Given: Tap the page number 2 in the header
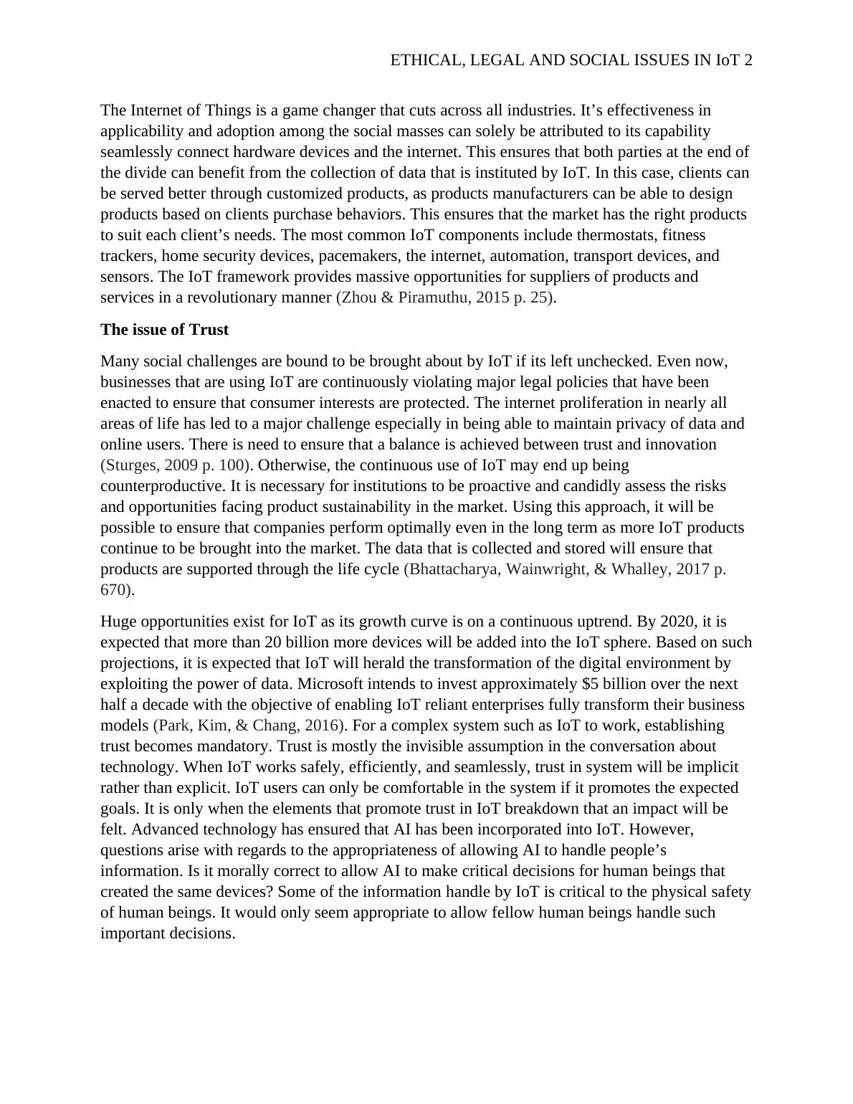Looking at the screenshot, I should pyautogui.click(x=748, y=61).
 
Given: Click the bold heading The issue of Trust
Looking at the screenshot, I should pyautogui.click(x=164, y=330).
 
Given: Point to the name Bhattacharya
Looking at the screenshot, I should pyautogui.click(x=454, y=569).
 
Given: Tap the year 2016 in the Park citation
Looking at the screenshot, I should pyautogui.click(x=321, y=725).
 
